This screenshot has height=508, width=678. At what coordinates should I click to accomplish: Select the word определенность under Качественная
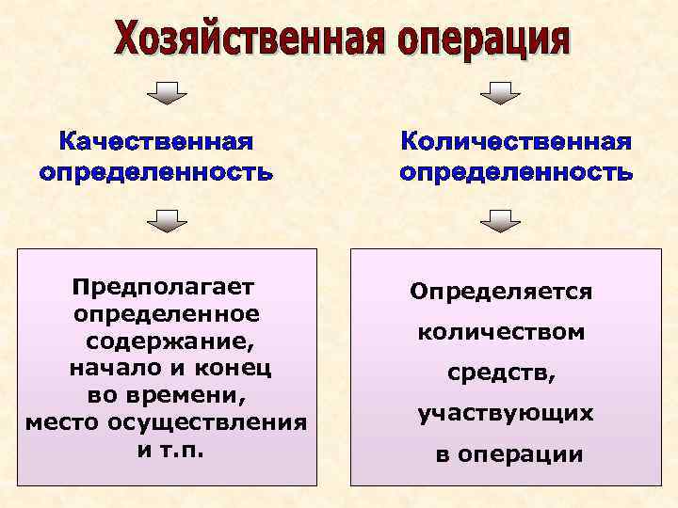[x=156, y=173]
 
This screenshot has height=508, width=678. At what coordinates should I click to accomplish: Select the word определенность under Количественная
[x=515, y=173]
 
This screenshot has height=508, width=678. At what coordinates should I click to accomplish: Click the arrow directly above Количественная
[x=500, y=93]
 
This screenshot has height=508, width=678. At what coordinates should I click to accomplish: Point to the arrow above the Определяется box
[x=500, y=222]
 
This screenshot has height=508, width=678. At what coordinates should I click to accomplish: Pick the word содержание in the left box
[x=168, y=340]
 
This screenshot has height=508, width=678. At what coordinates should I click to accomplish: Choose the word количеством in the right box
[x=501, y=332]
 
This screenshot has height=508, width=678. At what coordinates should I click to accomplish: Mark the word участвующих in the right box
[x=506, y=414]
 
